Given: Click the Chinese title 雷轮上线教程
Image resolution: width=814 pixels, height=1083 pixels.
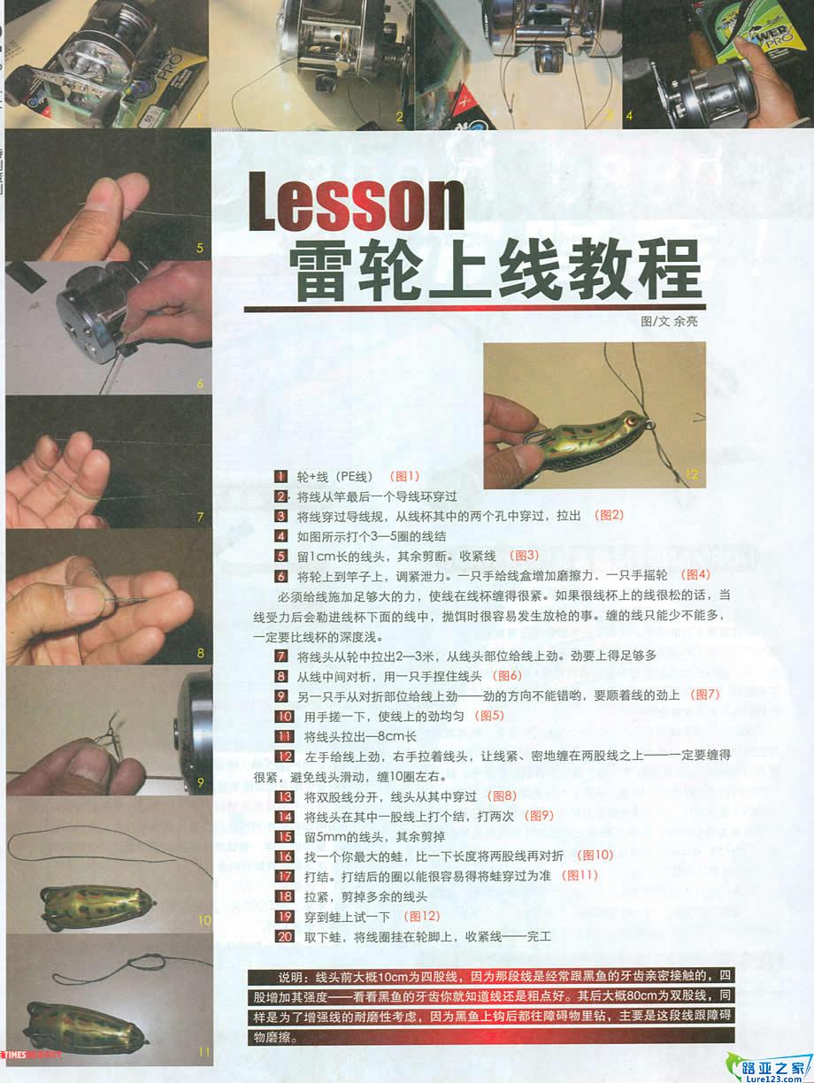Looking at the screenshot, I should [495, 265].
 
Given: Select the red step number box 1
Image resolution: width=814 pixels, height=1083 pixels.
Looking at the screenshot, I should [281, 475].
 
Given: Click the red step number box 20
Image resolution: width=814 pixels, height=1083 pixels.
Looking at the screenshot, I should [284, 935].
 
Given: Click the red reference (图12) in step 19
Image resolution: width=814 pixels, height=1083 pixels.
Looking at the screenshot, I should [421, 915].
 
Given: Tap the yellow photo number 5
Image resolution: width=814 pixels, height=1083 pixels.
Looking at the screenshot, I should [200, 249].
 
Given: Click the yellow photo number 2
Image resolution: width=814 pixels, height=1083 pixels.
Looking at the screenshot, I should [399, 116].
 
